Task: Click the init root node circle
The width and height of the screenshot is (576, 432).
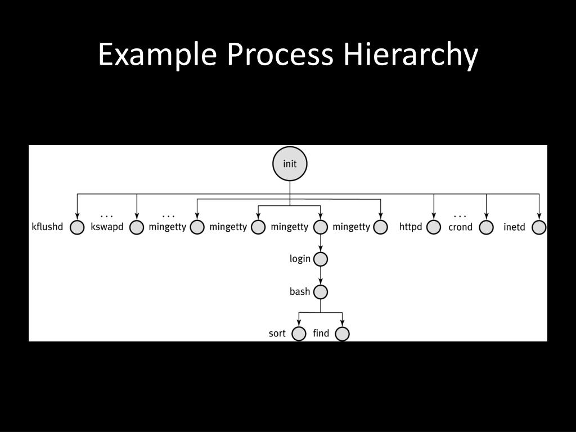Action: [290, 164]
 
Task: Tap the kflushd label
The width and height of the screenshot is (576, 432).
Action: [47, 227]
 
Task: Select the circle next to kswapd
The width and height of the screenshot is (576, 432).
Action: [137, 227]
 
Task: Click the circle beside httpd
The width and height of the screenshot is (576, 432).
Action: [433, 227]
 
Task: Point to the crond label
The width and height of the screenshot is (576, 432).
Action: [460, 227]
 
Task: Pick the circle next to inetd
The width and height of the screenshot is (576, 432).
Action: [539, 227]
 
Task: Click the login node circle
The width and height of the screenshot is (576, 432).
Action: [321, 259]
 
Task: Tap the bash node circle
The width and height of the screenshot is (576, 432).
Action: [321, 292]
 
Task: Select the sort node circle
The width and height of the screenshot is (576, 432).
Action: [299, 334]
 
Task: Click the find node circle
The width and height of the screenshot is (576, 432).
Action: [342, 334]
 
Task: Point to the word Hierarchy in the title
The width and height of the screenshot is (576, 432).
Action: [411, 55]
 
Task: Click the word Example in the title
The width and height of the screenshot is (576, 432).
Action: [157, 55]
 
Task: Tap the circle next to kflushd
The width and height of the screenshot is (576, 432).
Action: [77, 227]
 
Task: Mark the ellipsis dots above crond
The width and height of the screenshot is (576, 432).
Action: [460, 216]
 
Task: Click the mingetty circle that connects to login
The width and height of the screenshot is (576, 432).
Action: [321, 227]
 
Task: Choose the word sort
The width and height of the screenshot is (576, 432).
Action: [277, 334]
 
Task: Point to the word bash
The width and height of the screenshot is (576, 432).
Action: [300, 291]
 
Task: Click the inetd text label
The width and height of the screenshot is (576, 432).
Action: [514, 227]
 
